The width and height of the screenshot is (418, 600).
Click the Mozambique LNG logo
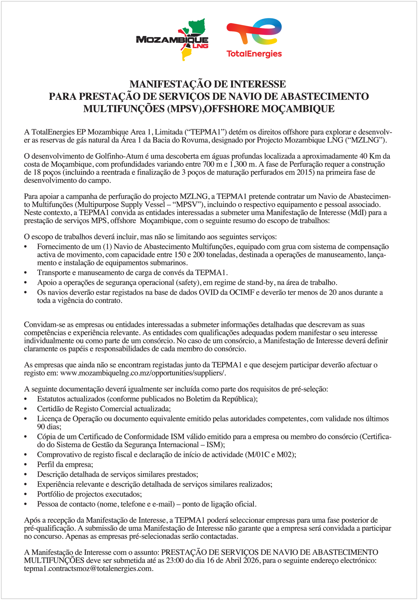coord(172,39)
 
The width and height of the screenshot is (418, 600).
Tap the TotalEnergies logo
coord(254,38)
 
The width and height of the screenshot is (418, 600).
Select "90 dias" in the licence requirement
coord(49,427)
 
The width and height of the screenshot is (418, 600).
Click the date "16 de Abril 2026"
coord(233,560)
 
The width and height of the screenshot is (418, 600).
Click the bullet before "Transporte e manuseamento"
coord(26,273)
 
